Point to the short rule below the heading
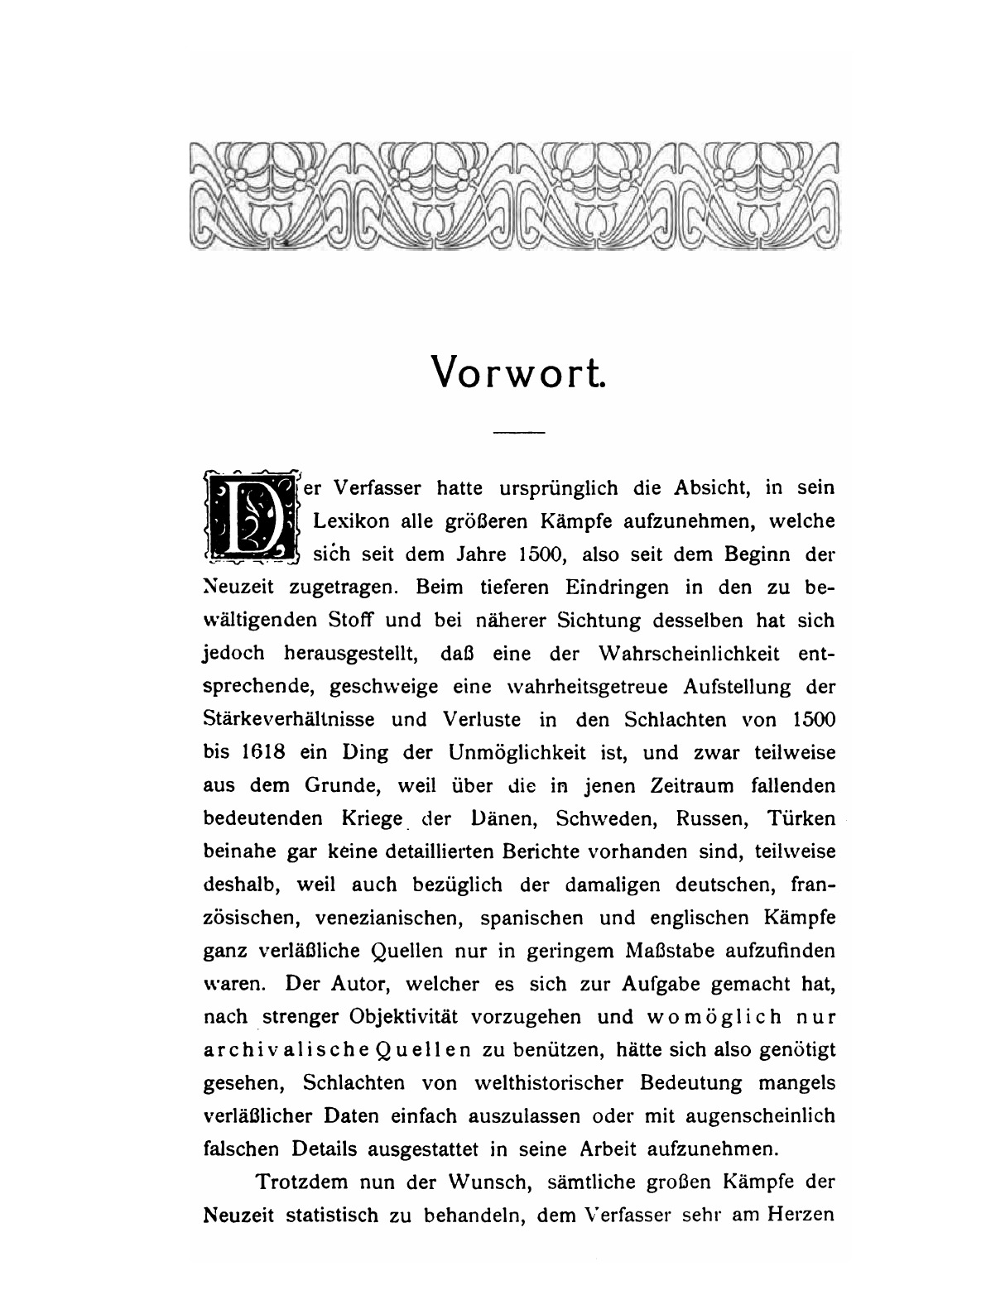519,432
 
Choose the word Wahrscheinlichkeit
688,654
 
